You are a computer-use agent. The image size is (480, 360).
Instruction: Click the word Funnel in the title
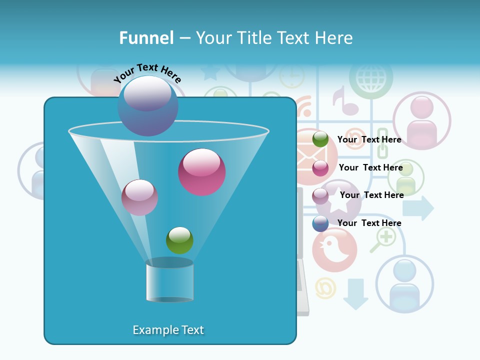tap(146, 38)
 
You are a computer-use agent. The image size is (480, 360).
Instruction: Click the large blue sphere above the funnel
tap(147, 106)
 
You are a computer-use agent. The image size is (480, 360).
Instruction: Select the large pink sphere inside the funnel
tap(201, 172)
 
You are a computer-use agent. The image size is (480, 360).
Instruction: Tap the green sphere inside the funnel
tap(179, 240)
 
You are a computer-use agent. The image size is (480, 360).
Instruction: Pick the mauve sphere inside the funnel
tap(139, 197)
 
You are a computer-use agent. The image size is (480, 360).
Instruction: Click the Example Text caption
tap(168, 330)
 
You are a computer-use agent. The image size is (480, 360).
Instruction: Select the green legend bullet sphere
tap(320, 139)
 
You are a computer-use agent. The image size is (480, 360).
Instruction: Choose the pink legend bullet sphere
tap(320, 168)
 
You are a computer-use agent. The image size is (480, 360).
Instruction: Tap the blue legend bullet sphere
tap(320, 223)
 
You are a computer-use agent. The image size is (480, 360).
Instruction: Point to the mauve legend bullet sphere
tap(320, 196)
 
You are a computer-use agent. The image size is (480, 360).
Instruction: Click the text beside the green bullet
tap(369, 139)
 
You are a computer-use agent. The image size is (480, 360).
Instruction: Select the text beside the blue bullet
tap(369, 223)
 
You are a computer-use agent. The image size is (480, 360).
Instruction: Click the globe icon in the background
tap(370, 78)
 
